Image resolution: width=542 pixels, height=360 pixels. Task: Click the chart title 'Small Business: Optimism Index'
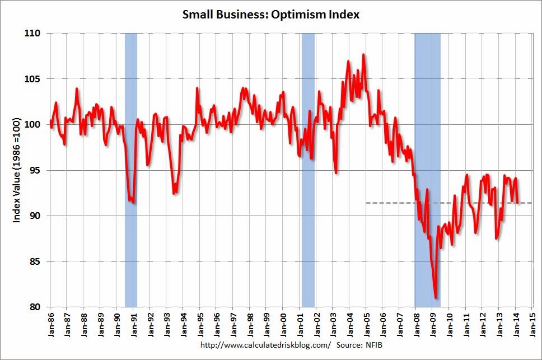(271, 15)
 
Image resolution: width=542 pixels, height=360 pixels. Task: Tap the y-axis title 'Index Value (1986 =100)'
(17, 170)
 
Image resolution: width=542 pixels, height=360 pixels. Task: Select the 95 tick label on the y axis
(35, 170)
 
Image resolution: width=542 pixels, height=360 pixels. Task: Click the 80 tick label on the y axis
(35, 307)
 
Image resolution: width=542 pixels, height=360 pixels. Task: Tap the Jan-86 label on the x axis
(50, 324)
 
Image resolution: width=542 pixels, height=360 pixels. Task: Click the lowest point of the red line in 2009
(436, 298)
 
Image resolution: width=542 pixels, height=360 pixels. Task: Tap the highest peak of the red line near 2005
(363, 55)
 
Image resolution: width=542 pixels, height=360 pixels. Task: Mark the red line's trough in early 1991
(133, 202)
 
